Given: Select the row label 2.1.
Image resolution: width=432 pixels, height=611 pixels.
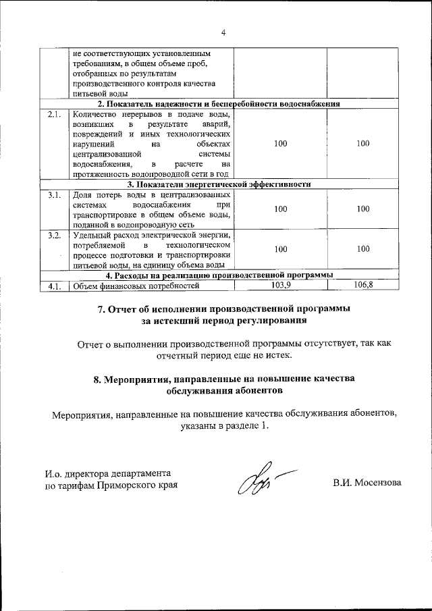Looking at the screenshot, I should click(x=55, y=114).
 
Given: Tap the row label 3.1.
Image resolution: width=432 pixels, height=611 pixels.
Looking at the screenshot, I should click(x=55, y=195).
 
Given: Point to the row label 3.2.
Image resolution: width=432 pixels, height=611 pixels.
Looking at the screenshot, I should click(x=55, y=235).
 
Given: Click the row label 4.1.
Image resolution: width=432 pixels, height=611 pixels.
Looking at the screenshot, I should click(x=55, y=286).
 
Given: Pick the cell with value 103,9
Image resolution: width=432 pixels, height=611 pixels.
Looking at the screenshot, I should click(x=280, y=285).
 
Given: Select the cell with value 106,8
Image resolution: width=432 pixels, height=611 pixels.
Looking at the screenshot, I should click(x=362, y=285).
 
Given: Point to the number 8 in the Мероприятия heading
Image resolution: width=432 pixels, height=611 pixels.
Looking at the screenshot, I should click(x=97, y=379).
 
